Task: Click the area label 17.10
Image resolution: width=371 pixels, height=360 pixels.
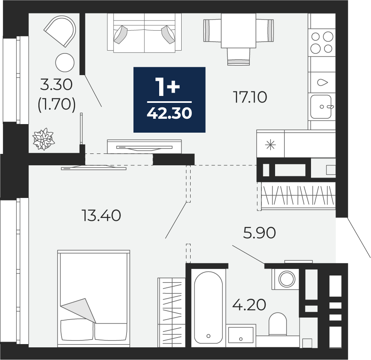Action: [250, 97]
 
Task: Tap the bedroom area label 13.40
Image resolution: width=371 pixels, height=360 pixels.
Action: [101, 216]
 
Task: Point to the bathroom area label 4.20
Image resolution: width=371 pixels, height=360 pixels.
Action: [249, 304]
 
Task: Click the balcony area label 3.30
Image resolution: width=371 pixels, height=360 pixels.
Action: [56, 84]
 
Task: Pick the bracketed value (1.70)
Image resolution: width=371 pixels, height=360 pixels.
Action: [57, 104]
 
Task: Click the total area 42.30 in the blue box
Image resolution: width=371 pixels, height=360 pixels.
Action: [169, 113]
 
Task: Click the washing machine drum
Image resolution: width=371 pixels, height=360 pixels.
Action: [287, 279]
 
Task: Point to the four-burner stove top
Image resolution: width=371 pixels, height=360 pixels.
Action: [322, 42]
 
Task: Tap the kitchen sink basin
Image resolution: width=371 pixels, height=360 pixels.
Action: [321, 107]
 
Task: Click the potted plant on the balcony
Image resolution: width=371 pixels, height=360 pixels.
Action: [43, 139]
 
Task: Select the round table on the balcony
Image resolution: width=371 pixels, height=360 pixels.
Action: [65, 63]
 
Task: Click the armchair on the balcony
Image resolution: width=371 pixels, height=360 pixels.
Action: [60, 31]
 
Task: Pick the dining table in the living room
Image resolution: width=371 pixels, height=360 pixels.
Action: [238, 31]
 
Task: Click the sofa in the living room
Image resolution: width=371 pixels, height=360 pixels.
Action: [144, 32]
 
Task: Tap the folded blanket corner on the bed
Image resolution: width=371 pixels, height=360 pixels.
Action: [78, 310]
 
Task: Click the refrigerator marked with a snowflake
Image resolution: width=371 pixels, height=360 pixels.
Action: [271, 144]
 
